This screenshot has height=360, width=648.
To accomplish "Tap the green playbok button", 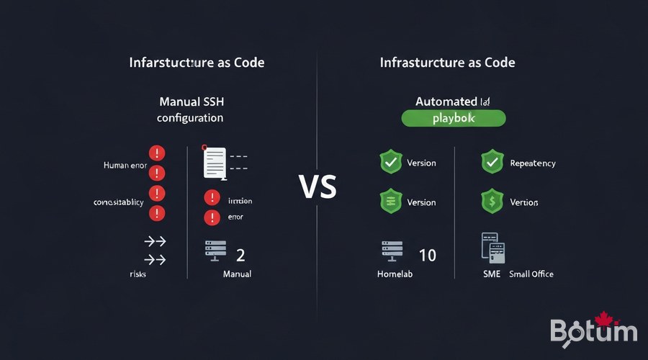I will click(454, 119).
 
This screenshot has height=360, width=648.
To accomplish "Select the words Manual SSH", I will click(190, 102).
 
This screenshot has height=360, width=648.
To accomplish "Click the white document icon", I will click(215, 163).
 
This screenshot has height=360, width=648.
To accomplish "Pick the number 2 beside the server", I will click(240, 255).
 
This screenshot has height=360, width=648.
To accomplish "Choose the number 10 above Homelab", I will click(427, 255).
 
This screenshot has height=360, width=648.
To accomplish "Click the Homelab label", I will click(397, 274).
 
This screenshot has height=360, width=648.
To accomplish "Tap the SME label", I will click(492, 274).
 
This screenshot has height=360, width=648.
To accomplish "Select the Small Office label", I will click(531, 274).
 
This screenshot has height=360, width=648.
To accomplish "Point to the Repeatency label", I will click(533, 163).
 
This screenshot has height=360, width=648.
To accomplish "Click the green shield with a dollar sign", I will click(492, 202).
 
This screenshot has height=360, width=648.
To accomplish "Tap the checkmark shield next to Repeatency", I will click(492, 163).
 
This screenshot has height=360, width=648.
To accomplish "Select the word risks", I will click(138, 274).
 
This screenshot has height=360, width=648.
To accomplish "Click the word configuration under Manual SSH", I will click(190, 117).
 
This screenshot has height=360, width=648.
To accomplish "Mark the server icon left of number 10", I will click(392, 252).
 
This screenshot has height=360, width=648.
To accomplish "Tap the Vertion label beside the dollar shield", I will click(524, 202).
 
